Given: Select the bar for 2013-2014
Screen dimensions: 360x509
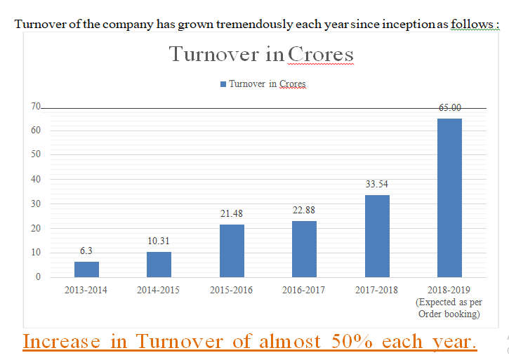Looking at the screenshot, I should click(x=86, y=269).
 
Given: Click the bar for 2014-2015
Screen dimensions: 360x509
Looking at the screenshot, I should click(x=159, y=264).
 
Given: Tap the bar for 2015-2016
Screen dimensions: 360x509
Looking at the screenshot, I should click(x=232, y=251).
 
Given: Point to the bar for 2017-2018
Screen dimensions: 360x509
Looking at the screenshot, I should click(x=377, y=236).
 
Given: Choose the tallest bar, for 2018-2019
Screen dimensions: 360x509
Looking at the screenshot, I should click(x=449, y=197).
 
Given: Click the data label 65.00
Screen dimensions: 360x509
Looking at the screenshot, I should click(x=449, y=107).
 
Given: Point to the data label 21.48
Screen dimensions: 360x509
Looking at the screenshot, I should click(x=232, y=213).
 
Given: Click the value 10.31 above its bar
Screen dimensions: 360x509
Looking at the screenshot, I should click(x=159, y=241).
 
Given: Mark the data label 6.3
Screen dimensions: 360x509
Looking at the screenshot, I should click(x=86, y=251).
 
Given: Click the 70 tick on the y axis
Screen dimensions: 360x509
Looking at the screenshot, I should click(x=34, y=106).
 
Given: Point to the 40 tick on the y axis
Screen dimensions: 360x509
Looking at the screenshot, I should click(x=34, y=179).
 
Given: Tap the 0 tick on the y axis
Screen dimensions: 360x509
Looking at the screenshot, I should click(x=38, y=276).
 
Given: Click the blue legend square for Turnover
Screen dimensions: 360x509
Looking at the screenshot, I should click(x=223, y=84).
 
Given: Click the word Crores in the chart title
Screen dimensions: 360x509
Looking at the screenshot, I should click(x=321, y=54).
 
